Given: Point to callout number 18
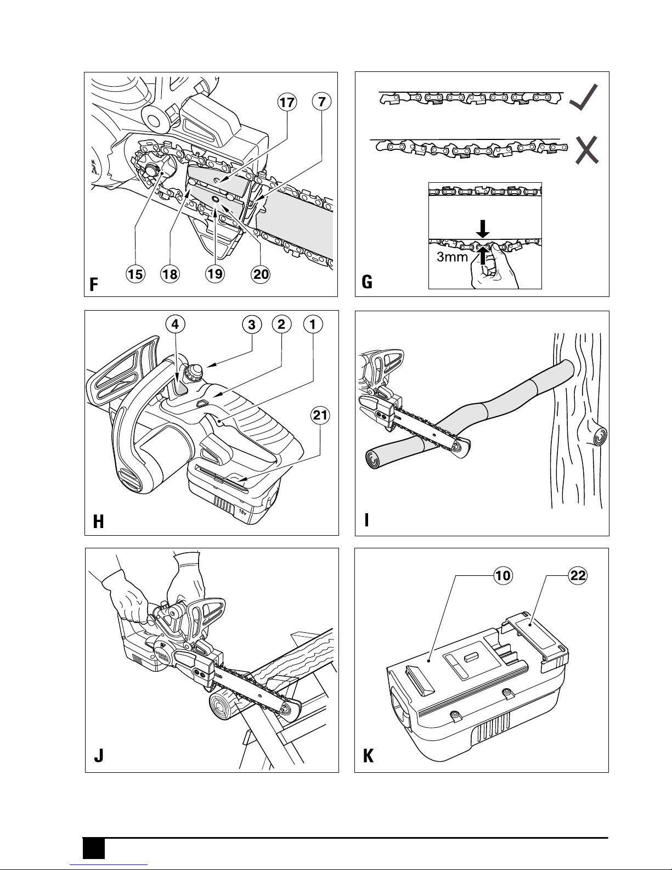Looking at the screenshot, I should point(170,274).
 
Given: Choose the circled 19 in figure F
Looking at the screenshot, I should point(215,274).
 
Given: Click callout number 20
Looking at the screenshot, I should point(261,274).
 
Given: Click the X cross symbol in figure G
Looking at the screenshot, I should point(586,149).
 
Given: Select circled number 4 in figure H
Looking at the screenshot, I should point(174,324).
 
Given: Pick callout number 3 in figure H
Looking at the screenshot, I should point(252,324).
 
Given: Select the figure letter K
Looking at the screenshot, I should point(369,757).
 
